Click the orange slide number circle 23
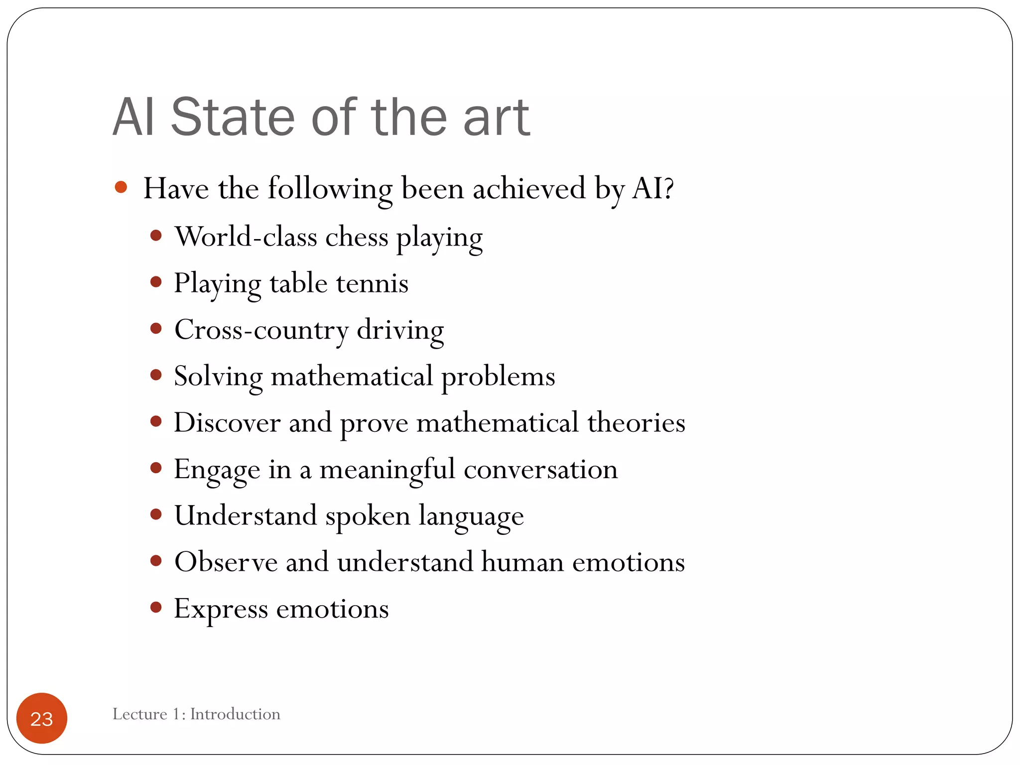(x=42, y=718)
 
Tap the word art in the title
(x=496, y=118)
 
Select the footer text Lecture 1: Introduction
(x=196, y=714)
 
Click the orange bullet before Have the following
(x=121, y=187)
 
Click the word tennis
(x=372, y=283)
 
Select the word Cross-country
(x=261, y=330)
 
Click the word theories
(x=636, y=422)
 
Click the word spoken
(x=368, y=516)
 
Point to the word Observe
(x=226, y=562)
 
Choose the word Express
(x=221, y=609)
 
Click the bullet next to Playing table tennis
(x=156, y=282)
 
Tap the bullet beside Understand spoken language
(x=156, y=514)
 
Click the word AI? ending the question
(x=653, y=188)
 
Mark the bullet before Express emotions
(x=156, y=607)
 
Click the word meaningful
(x=387, y=469)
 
